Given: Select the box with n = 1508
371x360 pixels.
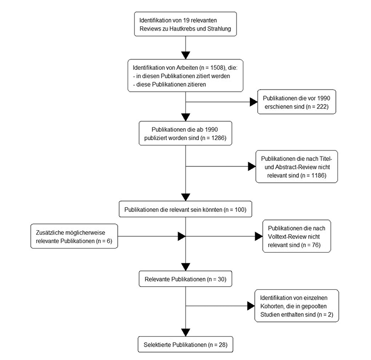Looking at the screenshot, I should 185,76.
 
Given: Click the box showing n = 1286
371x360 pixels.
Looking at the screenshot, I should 185,133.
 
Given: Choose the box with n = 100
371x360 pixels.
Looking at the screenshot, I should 185,209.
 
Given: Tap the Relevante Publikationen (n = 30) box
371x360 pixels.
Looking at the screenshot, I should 185,279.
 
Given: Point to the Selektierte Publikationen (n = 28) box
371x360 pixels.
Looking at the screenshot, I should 185,343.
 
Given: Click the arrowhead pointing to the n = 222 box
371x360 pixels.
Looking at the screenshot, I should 253,102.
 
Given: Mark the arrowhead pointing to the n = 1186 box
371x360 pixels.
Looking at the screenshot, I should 251,166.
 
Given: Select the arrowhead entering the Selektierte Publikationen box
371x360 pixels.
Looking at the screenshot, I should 185,331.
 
